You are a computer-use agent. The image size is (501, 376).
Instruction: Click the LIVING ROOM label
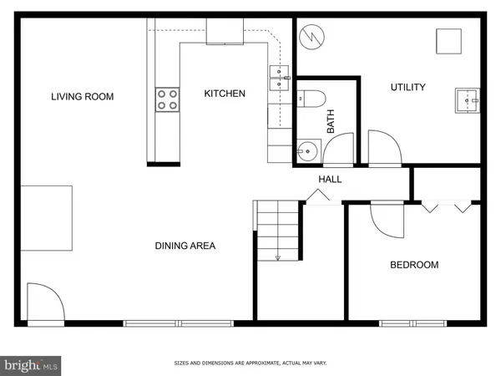point(82,97)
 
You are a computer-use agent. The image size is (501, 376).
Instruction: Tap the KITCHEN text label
point(225,94)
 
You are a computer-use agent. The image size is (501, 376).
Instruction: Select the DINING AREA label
point(185,246)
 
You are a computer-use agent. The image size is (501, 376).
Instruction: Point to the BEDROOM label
point(414,266)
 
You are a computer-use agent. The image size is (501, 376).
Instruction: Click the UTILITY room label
point(408,87)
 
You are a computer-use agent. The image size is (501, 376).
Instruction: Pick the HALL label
point(330,180)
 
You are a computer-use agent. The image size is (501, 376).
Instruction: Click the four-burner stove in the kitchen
point(167,100)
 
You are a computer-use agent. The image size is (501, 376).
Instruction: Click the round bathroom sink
point(307,152)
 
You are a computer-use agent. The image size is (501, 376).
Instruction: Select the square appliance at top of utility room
point(448,41)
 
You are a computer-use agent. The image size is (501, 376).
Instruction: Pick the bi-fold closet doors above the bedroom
point(448,206)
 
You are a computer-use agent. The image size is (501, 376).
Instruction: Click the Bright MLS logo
point(32,365)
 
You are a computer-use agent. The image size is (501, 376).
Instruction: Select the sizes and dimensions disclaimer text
point(250,363)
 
